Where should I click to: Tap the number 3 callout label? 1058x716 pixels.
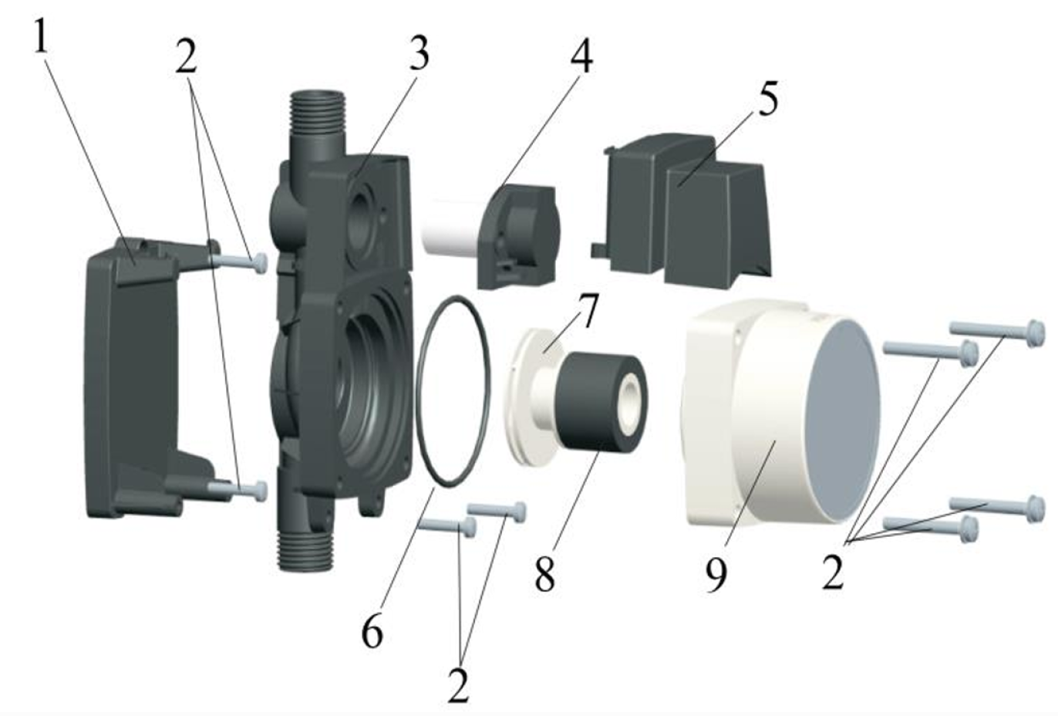pos(419,53)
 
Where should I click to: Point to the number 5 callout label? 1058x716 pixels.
pos(768,98)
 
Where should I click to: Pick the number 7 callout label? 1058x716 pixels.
pos(586,311)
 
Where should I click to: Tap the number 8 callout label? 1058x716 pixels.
pos(544,572)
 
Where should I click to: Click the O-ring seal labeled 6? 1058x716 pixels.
pos(453,391)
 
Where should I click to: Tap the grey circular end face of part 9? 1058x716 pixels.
pos(843,420)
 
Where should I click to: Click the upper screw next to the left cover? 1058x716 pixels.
pos(239,262)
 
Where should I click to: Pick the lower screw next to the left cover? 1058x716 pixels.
pos(239,490)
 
